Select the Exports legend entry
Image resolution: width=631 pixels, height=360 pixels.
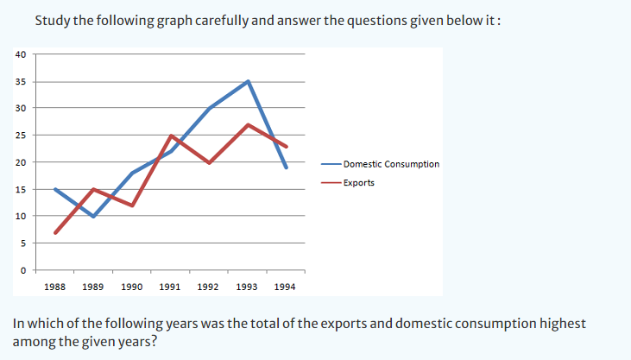(358, 182)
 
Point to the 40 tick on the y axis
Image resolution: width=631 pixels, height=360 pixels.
(22, 54)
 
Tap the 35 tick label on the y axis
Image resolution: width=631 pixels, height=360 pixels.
(22, 81)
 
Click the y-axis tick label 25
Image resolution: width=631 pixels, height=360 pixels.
(22, 135)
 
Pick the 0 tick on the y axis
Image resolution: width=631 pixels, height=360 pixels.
(23, 270)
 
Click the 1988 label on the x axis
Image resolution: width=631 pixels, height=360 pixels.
(55, 286)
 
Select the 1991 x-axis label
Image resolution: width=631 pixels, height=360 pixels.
(171, 286)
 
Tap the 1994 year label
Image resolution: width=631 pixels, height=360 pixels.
(286, 286)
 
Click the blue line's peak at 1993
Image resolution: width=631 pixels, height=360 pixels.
(248, 81)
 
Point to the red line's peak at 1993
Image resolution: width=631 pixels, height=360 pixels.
(248, 124)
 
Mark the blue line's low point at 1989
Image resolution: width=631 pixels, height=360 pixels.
(93, 216)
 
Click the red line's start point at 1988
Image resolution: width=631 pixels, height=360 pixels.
(55, 232)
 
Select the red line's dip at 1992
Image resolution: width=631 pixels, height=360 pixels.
(209, 162)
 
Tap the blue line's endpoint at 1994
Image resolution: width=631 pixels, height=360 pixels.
(286, 167)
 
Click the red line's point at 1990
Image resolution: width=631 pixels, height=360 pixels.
(132, 205)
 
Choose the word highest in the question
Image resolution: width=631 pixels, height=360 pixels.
(561, 324)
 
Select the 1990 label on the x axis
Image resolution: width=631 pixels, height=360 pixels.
(132, 286)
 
